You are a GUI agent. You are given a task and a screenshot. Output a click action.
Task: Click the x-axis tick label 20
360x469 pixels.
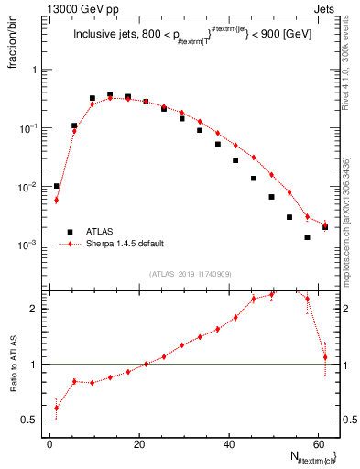[x=139, y=443]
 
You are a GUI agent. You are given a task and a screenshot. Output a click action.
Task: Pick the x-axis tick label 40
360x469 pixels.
[x=229, y=443]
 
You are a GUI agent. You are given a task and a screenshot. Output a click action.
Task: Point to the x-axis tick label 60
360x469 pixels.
[x=318, y=443]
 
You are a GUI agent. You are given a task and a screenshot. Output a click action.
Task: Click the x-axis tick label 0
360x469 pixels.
[x=50, y=443]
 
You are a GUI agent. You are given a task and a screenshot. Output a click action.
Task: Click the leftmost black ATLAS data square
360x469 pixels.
[x=57, y=186]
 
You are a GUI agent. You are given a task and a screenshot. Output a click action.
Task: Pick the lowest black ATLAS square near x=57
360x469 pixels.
[x=307, y=237]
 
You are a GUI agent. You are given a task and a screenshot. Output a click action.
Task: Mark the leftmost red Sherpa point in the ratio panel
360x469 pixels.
[x=57, y=409]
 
